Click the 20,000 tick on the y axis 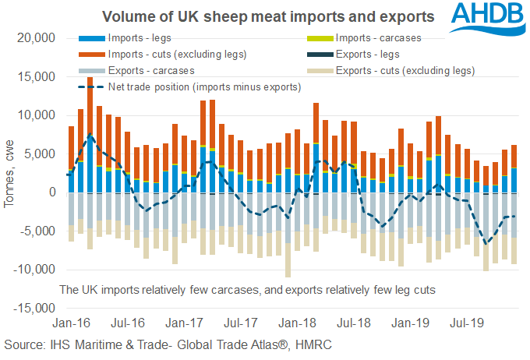pos(32,38)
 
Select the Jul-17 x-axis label pos(240,321)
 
